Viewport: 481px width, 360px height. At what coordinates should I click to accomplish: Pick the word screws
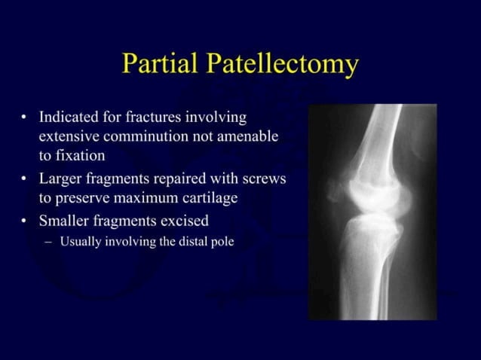point(264,182)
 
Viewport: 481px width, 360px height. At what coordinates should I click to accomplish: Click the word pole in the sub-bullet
point(222,243)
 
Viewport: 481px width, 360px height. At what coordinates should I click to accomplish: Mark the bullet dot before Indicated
point(24,118)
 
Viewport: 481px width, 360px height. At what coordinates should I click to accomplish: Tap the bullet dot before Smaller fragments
point(24,222)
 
